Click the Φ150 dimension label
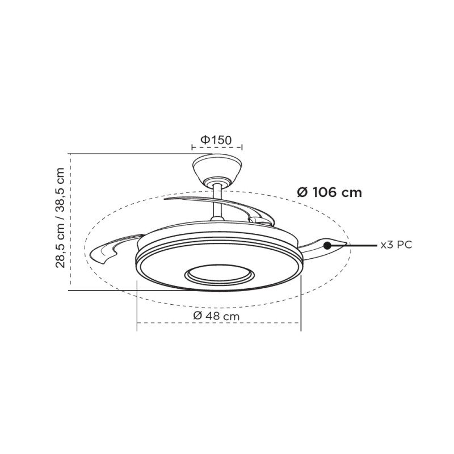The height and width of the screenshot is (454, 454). click(216, 140)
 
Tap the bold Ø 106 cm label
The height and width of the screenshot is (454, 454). click(330, 192)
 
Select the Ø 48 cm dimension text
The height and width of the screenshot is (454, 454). click(216, 316)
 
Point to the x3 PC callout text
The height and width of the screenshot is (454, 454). click(396, 245)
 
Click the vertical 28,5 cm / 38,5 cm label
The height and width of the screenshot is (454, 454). click(61, 218)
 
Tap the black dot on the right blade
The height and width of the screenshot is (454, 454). click(327, 246)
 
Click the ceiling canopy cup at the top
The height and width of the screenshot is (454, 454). click(217, 169)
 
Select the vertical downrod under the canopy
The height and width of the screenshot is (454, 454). click(217, 203)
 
